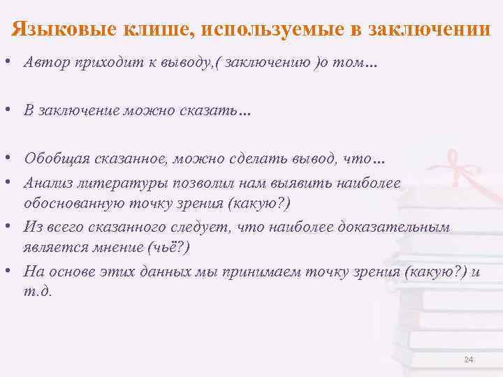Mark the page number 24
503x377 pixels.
point(468,360)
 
